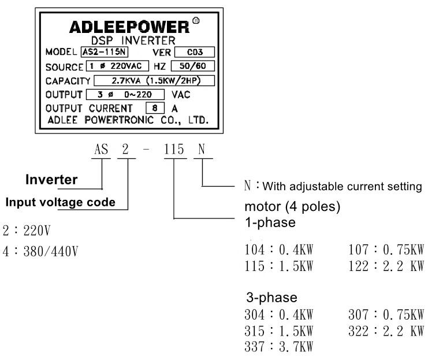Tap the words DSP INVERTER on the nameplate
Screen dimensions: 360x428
[x=128, y=40]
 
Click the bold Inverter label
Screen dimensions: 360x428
[x=51, y=180]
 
